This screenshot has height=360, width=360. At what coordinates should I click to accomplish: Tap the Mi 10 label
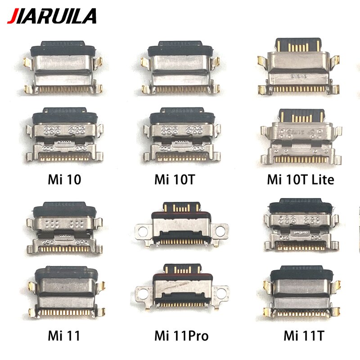coord(65,180)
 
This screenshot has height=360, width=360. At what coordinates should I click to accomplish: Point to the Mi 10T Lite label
coord(301,180)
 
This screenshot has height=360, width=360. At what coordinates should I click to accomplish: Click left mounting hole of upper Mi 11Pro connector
coord(143,231)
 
